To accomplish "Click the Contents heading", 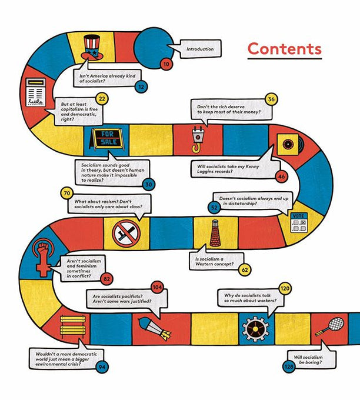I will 284,49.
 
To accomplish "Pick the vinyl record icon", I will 288,144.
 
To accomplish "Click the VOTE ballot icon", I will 300,223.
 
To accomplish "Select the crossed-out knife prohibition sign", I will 126,233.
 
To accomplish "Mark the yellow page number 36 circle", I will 271,99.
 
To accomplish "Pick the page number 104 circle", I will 156,286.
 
